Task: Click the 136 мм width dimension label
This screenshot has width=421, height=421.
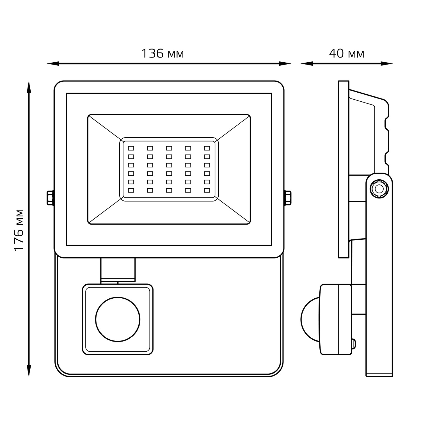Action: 163,53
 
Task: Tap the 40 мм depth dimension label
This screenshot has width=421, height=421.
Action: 347,53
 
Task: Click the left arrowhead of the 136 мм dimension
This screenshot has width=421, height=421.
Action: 52,64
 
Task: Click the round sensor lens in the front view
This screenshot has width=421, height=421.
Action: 118,319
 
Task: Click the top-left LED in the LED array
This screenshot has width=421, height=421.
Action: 131,148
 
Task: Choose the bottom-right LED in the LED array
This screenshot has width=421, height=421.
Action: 207,190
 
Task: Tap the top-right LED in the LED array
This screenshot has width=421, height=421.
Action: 207,148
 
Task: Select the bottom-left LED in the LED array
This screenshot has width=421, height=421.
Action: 131,190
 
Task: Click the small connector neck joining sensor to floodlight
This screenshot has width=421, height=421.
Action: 118,269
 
